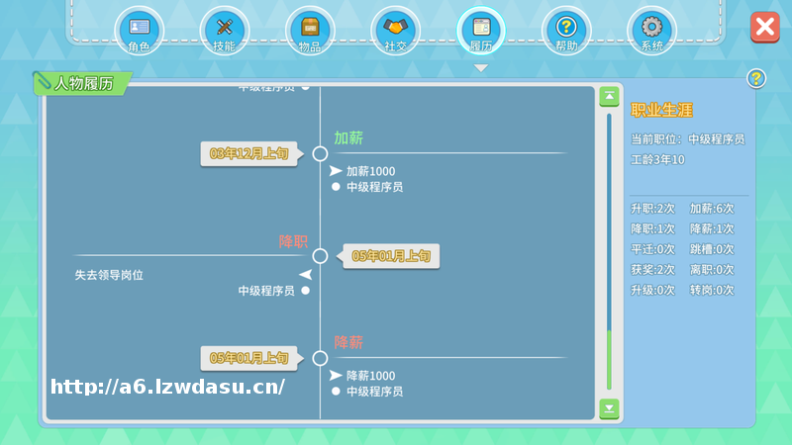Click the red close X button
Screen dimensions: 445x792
pos(764,27)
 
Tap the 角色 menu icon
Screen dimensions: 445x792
pos(139,29)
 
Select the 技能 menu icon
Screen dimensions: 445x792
pos(224,29)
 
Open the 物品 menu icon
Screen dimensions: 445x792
pos(310,29)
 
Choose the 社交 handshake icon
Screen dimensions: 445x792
pos(395,29)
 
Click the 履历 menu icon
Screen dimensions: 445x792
pos(481,29)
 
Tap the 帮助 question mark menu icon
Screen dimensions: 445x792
pos(566,29)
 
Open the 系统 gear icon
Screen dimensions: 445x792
pos(651,29)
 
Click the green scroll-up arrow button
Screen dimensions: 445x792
pos(610,97)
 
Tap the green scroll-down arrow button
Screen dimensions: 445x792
pos(610,408)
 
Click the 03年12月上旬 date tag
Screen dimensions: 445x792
pos(248,153)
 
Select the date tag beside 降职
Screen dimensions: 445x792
pos(392,256)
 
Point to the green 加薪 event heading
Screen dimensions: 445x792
pos(348,138)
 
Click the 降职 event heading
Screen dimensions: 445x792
pos(293,241)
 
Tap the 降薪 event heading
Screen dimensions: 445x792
pos(348,343)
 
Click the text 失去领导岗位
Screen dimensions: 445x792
pos(109,275)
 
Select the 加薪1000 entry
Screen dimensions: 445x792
pos(370,171)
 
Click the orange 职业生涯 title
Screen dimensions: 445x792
pos(661,110)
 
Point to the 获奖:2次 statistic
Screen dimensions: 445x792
pos(652,270)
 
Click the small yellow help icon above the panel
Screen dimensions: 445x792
pos(755,78)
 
